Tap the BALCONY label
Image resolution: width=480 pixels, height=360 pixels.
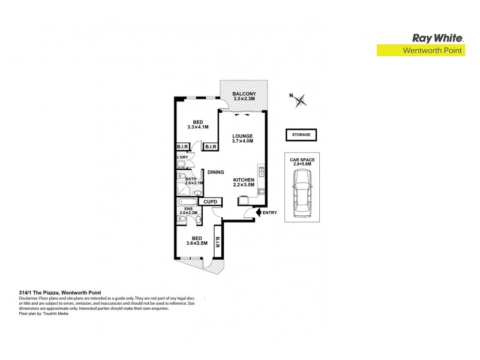244,94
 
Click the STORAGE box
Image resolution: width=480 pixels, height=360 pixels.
301,135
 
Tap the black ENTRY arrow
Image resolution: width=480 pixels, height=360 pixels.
259,212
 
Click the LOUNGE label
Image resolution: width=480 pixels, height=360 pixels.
242,136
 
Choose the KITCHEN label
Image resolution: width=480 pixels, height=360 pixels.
244,180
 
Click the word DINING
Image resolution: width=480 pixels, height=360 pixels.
215,172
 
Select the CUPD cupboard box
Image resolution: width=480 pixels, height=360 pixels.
209,202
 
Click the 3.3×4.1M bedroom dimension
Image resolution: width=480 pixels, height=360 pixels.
197,127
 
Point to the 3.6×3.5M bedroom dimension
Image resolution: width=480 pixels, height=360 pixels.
197,244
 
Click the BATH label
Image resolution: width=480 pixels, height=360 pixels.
191,178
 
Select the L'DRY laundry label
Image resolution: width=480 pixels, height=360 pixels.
182,157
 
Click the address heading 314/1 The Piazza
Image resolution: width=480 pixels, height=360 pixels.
52,293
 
